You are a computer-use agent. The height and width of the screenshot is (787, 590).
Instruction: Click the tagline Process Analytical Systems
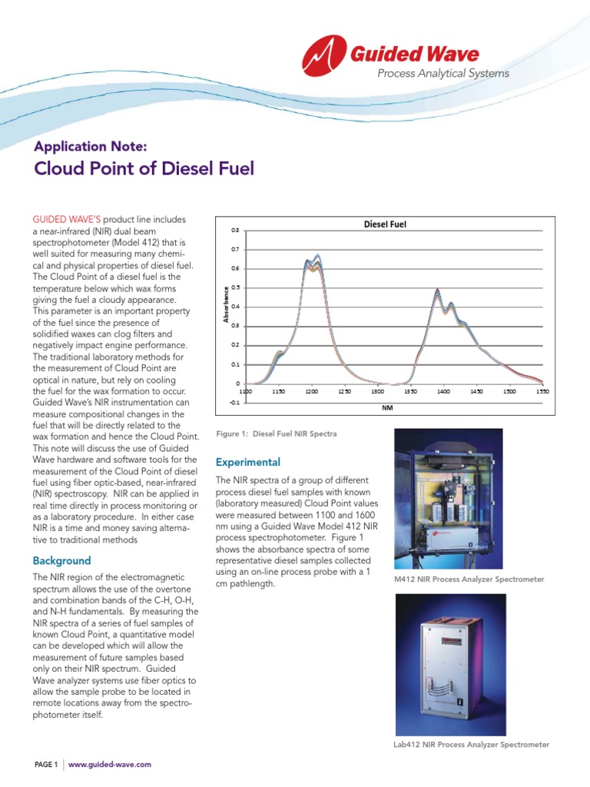(x=442, y=74)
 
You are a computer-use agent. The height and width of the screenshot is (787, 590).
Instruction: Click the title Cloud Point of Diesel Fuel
(x=144, y=169)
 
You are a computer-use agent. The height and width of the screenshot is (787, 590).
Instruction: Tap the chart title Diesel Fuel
(x=384, y=224)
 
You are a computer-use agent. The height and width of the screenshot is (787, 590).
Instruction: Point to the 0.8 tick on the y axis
(x=235, y=231)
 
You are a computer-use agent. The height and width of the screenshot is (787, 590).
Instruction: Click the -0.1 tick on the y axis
(x=234, y=402)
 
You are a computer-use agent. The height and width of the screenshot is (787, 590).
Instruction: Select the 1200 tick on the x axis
(x=311, y=391)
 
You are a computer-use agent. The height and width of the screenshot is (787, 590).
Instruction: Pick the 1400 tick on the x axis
(x=443, y=391)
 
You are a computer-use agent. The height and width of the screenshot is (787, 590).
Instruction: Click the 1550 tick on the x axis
(x=542, y=391)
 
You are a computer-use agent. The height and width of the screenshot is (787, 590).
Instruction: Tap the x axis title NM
(x=387, y=408)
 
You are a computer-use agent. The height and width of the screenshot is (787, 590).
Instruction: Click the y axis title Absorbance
(x=225, y=304)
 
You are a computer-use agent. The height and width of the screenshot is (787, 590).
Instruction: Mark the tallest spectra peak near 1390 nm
(x=437, y=290)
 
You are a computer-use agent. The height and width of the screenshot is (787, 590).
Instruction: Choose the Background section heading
(x=61, y=560)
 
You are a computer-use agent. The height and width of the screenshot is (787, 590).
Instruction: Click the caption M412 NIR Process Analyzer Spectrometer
(x=469, y=579)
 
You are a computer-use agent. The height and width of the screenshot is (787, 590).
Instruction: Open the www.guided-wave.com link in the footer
(x=109, y=764)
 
